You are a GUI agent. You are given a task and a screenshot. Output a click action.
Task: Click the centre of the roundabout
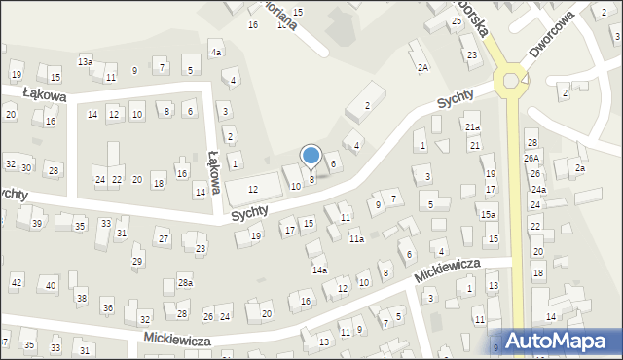click(510, 79)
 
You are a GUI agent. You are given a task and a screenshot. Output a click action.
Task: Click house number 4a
click(216, 53)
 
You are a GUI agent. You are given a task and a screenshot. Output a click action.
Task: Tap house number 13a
click(86, 61)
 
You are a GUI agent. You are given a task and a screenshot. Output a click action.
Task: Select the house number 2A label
click(422, 68)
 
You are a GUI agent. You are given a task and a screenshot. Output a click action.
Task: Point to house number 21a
click(472, 127)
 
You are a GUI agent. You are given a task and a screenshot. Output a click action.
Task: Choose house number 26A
click(531, 158)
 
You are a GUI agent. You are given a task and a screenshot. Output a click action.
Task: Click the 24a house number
click(538, 190)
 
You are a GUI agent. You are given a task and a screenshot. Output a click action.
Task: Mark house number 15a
click(488, 214)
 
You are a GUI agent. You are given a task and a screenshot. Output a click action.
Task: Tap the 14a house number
click(319, 270)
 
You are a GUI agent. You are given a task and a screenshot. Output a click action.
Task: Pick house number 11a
click(356, 239)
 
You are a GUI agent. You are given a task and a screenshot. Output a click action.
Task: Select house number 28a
click(184, 283)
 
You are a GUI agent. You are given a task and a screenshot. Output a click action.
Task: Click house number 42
click(17, 282)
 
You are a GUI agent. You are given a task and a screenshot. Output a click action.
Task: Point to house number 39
click(37, 224)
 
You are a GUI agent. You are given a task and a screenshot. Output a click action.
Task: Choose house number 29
click(137, 261)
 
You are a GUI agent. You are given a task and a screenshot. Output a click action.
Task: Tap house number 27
click(164, 239)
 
